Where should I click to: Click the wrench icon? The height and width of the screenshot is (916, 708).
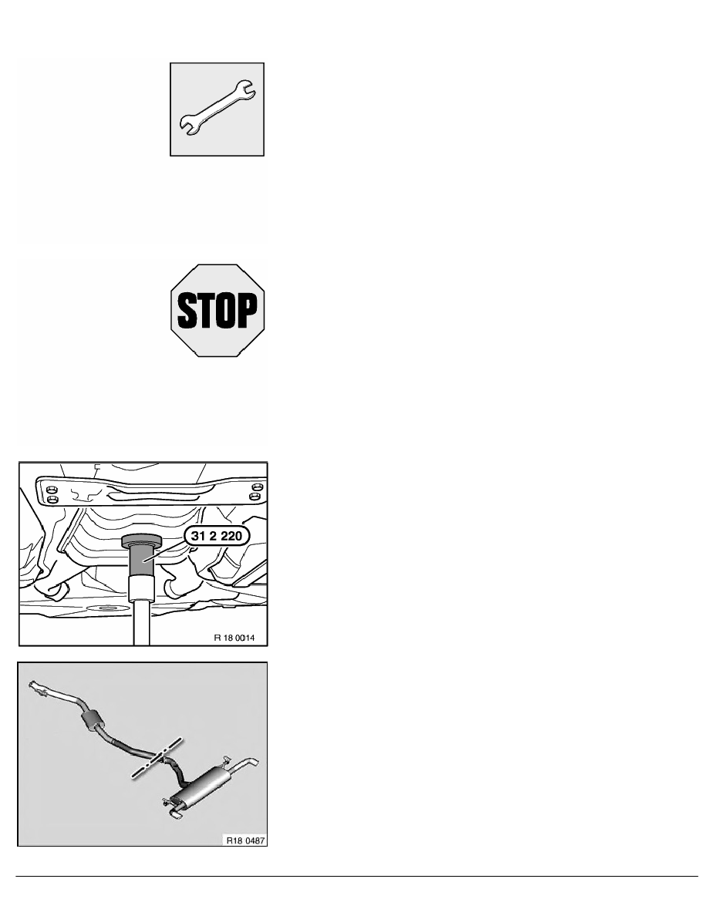(x=217, y=107)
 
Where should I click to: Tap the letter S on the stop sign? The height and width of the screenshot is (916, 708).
(x=187, y=310)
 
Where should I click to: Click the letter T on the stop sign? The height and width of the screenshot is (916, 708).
(x=206, y=310)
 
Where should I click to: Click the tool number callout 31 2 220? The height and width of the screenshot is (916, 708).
(x=216, y=536)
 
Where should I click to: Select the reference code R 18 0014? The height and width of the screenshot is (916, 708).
(x=234, y=638)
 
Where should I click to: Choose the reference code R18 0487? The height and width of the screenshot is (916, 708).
(x=246, y=840)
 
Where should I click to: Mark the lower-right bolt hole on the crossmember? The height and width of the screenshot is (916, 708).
(x=254, y=497)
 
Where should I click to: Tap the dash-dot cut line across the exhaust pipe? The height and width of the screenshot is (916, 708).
(x=157, y=758)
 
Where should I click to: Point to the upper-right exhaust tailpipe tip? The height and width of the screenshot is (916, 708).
(x=252, y=763)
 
